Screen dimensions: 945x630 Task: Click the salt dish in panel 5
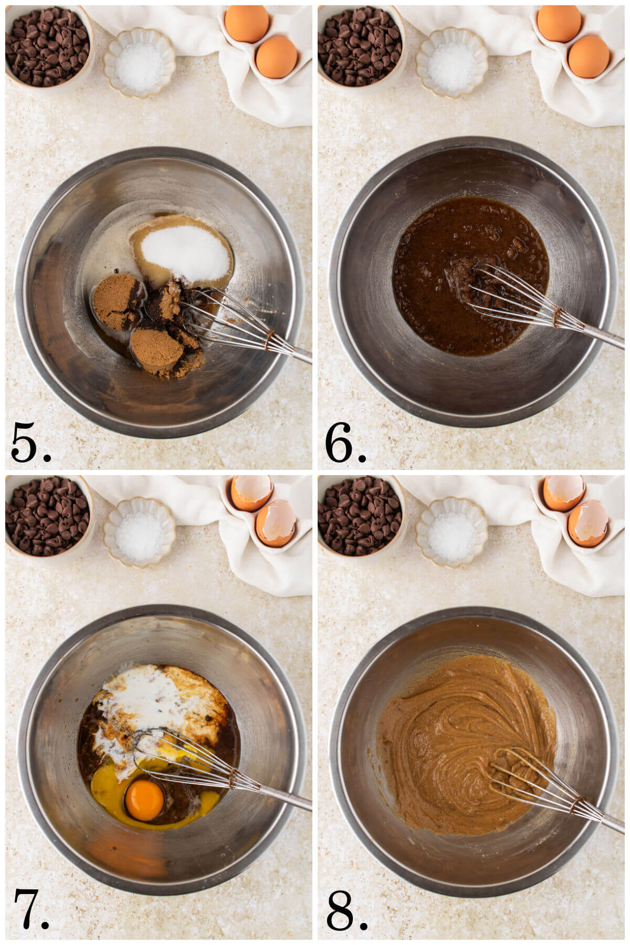(139, 63)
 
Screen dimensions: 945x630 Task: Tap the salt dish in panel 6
(451, 63)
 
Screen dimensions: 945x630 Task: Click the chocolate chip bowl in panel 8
(360, 514)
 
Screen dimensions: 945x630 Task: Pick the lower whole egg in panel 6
(589, 57)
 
